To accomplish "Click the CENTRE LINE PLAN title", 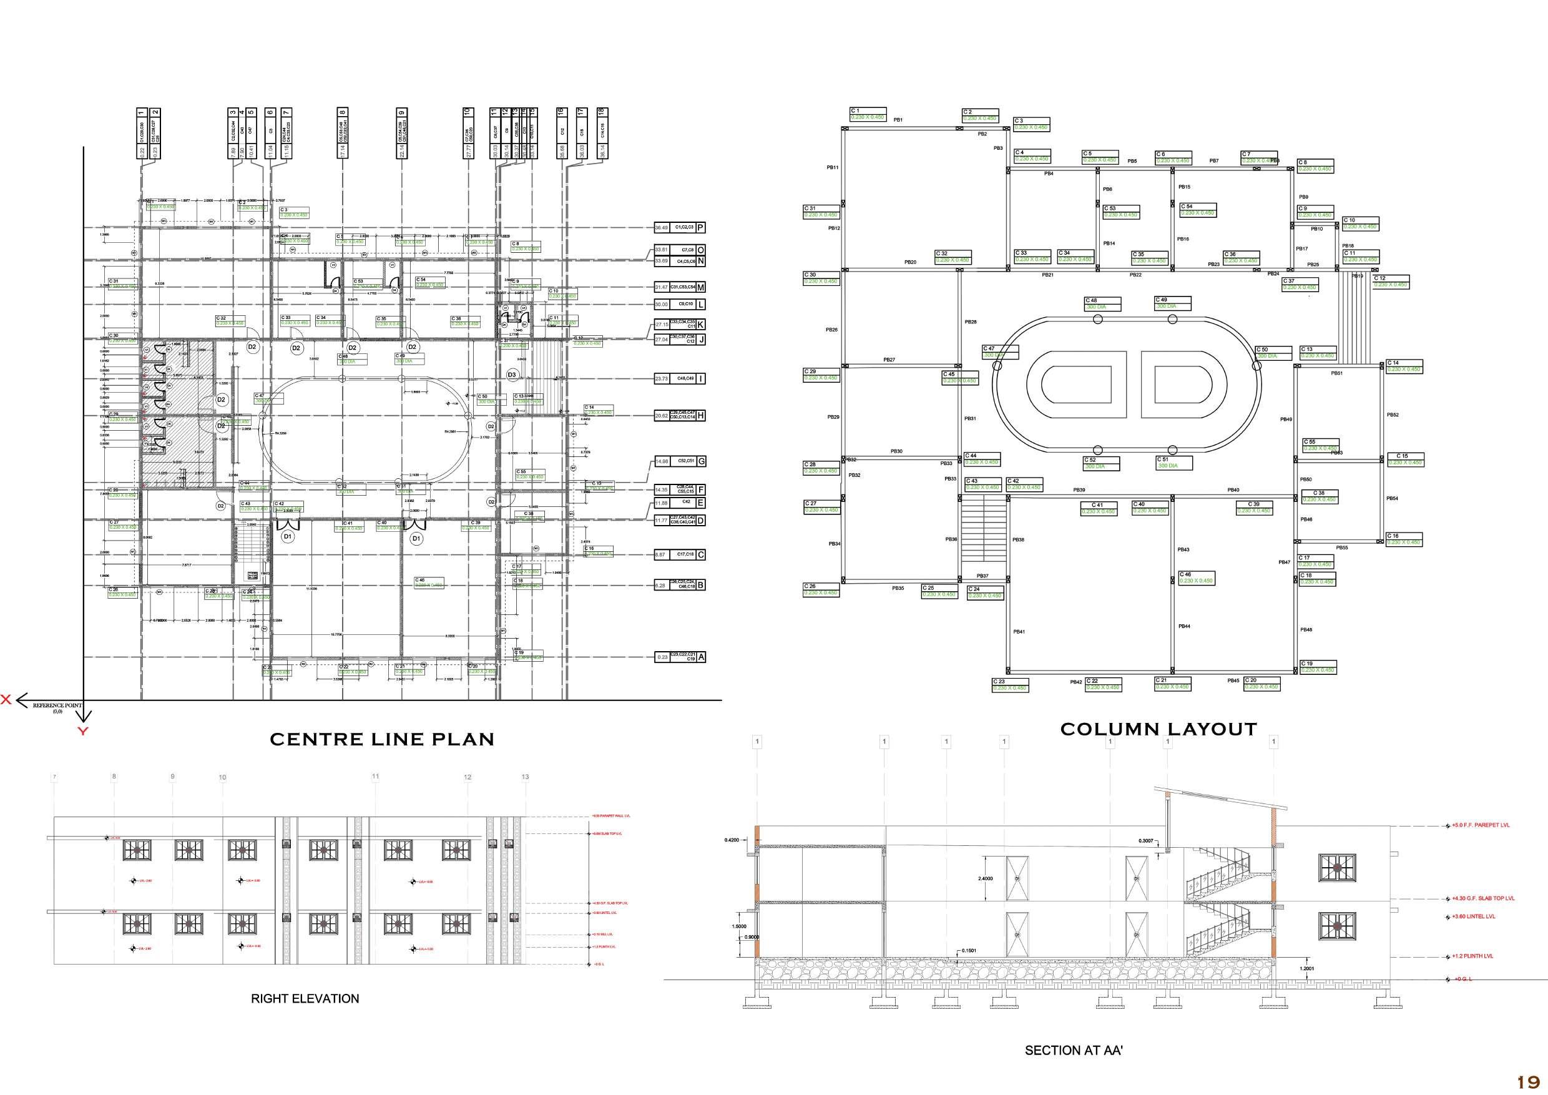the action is [x=381, y=740].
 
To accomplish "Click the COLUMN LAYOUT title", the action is [x=1159, y=730].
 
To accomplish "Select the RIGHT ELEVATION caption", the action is [x=305, y=999].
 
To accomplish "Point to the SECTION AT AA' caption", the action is [x=1074, y=1051].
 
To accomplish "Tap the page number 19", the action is [x=1529, y=1082].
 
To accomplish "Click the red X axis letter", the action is [x=6, y=700].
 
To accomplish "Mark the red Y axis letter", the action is [x=82, y=732].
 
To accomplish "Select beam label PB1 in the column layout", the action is [x=898, y=120].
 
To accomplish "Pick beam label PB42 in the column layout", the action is [x=1075, y=682].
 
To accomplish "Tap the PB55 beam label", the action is [x=1341, y=548].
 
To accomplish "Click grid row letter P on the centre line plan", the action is [x=701, y=228].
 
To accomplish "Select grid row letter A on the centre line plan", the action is [x=701, y=657].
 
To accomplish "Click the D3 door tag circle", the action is [x=512, y=375].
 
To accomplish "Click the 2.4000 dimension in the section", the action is [x=984, y=879].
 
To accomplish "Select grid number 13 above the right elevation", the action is [x=525, y=777].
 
